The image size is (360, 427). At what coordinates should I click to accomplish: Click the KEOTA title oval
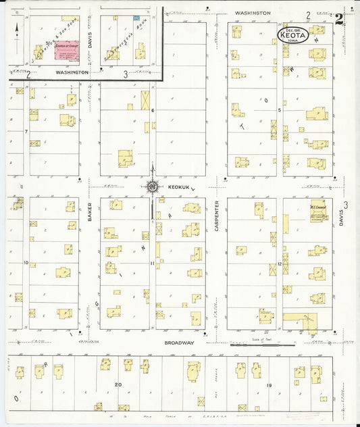click(x=294, y=36)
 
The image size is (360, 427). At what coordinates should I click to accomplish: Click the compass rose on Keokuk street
click(x=153, y=186)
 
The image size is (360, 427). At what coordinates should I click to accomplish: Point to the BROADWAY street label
click(x=180, y=343)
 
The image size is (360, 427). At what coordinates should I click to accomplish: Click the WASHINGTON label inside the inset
click(x=72, y=72)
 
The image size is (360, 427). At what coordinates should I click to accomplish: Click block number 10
click(x=26, y=262)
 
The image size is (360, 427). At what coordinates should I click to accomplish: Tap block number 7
click(x=26, y=131)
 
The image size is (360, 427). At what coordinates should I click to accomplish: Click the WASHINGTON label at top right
click(x=253, y=13)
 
